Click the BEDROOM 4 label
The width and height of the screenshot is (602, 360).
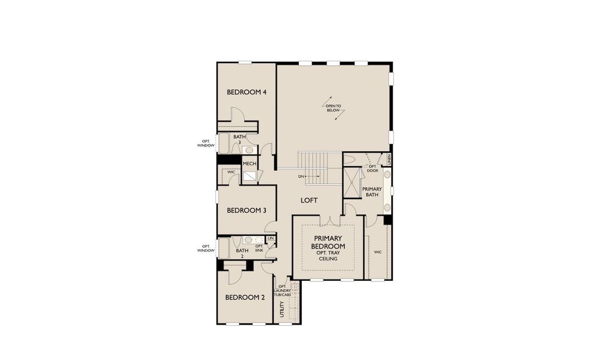coord(246,92)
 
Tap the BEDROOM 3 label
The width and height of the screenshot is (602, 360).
coord(246,210)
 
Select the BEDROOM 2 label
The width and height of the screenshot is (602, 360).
coord(245,297)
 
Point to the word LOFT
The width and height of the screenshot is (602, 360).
coord(309,200)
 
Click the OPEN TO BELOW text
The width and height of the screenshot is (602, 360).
coord(333,108)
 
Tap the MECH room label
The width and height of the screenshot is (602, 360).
coord(250,163)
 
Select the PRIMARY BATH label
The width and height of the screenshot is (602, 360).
coord(372,192)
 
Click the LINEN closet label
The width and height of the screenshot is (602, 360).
coord(389,160)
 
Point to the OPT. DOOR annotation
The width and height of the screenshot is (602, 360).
coord(372,169)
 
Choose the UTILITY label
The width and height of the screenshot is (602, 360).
coord(281,310)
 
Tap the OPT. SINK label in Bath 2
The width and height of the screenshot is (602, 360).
coord(259,248)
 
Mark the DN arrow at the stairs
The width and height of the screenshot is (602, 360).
coord(307,176)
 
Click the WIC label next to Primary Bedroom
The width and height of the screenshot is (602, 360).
coord(378,252)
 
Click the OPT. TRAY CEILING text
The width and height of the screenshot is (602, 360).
coord(328,256)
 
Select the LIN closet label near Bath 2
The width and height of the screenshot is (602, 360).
coord(271,239)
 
